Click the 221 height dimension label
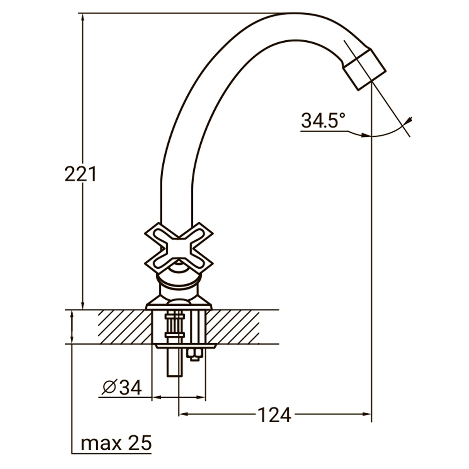[81, 174]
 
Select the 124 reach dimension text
[274, 415]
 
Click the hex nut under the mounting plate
[194, 354]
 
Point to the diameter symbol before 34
[109, 387]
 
